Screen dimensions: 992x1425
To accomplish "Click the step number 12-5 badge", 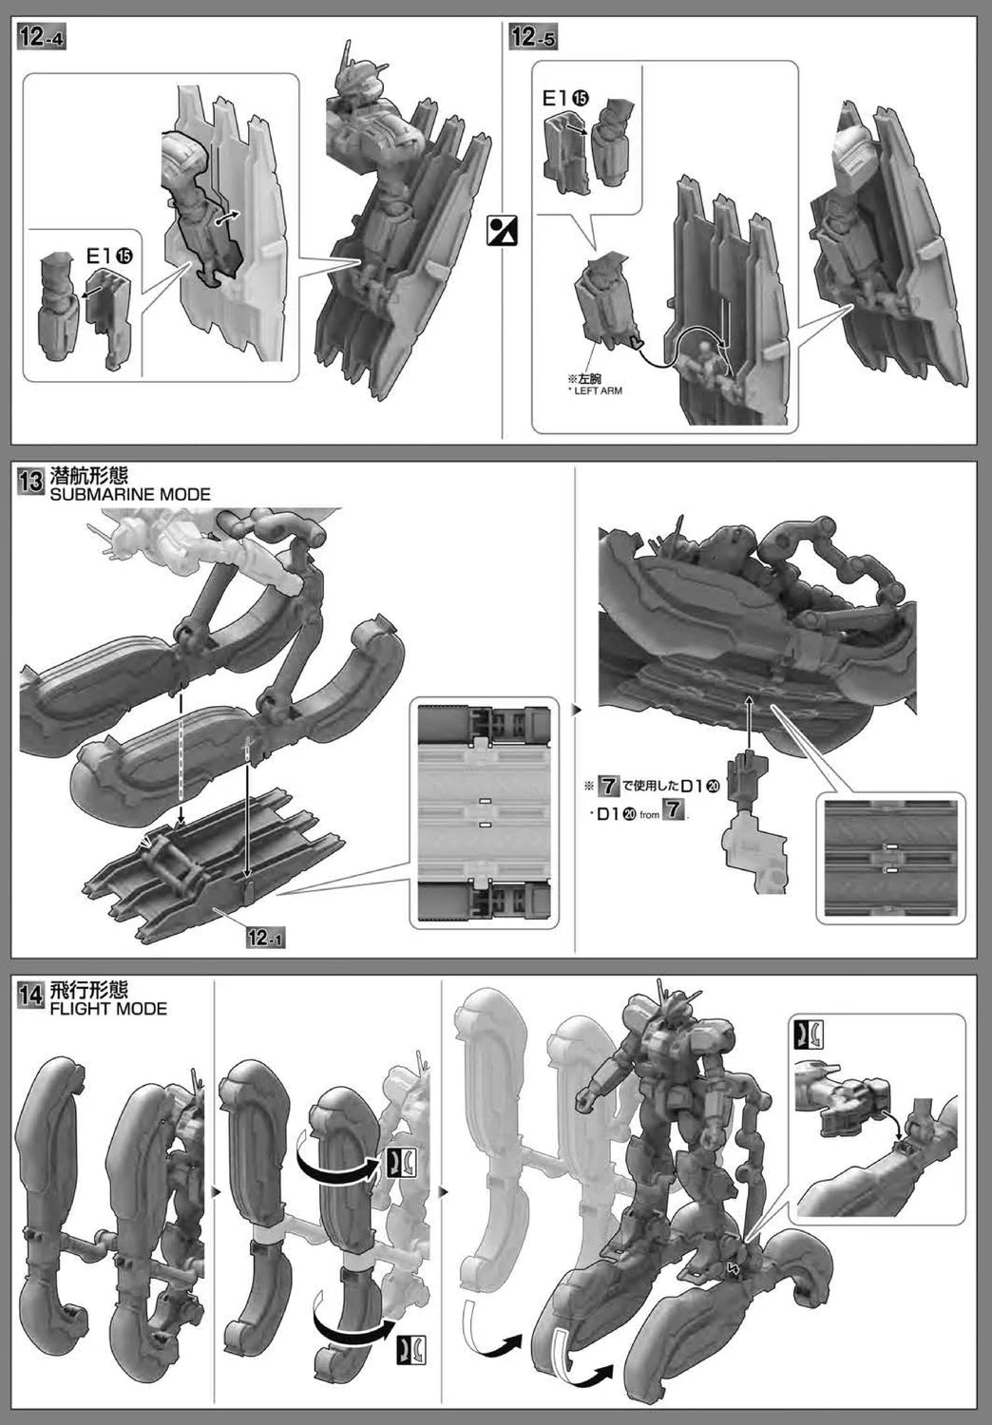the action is [x=533, y=38].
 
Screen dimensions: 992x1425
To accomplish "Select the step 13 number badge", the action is [x=31, y=481].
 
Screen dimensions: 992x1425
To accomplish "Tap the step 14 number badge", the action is [x=31, y=995].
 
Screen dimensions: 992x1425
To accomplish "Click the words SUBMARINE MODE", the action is [x=130, y=494].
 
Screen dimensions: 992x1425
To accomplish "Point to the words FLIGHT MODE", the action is [x=108, y=1009].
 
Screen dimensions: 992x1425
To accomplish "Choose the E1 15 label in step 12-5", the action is [x=565, y=98].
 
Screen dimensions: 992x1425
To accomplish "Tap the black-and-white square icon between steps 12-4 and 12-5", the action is [x=502, y=230].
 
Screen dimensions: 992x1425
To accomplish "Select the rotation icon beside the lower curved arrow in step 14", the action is [x=411, y=1349].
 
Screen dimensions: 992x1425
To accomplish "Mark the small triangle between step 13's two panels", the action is [x=577, y=709].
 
